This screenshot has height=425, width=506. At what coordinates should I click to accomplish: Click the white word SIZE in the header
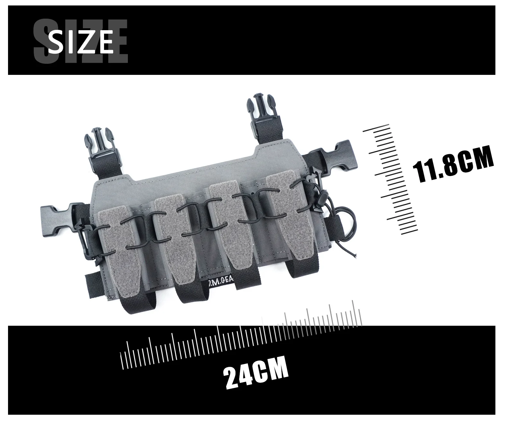[80, 42]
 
